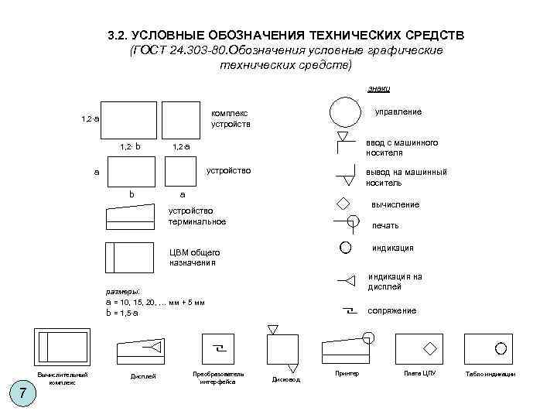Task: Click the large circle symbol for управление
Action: coord(346,112)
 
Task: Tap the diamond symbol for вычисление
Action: coord(342,204)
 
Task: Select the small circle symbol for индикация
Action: coord(345,248)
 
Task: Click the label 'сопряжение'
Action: coord(391,310)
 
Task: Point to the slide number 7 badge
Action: coord(24,393)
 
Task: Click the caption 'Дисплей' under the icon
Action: coord(144,376)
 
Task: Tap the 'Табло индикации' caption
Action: coord(490,375)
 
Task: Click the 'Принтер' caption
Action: coord(347,375)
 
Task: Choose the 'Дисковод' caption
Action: coord(285,380)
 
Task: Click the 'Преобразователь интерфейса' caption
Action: coord(218,378)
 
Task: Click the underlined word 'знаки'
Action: coord(378,89)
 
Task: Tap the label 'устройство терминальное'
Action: coord(197,216)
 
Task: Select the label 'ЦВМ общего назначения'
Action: coord(194,258)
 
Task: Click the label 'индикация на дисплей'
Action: coord(395,282)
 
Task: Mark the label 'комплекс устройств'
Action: coord(231,118)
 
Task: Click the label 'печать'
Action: coord(385,225)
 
